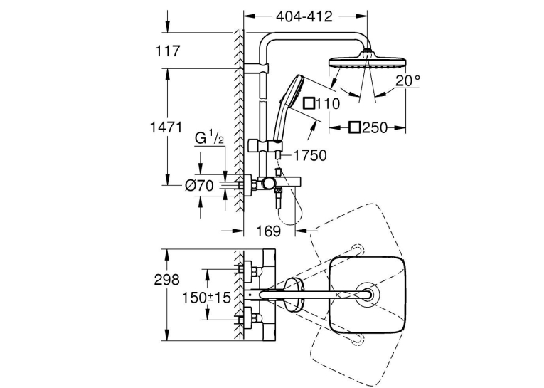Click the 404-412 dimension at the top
(x=304, y=16)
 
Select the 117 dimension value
(x=168, y=51)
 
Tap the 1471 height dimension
(x=166, y=127)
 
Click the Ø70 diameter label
(x=199, y=186)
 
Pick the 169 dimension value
(x=269, y=231)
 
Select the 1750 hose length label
(x=310, y=156)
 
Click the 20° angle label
(x=407, y=81)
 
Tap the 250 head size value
(x=375, y=128)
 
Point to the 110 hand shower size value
(x=328, y=103)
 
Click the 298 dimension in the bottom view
(x=167, y=280)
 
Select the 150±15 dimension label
(x=206, y=298)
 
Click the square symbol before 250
(x=355, y=127)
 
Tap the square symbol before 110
(x=309, y=103)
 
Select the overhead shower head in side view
(x=367, y=61)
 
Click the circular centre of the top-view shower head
(x=367, y=294)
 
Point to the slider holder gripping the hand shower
(x=265, y=145)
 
